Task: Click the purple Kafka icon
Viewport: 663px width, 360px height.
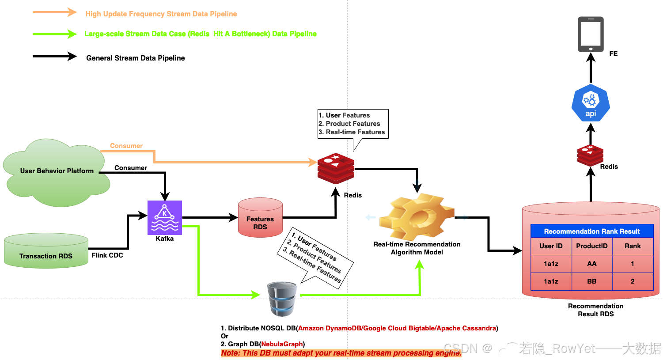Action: click(x=165, y=217)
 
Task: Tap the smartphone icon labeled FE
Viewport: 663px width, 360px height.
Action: click(x=591, y=34)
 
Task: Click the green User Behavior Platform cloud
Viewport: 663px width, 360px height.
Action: click(x=57, y=172)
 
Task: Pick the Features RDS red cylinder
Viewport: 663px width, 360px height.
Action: click(x=260, y=218)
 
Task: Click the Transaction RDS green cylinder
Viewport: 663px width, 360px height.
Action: click(x=46, y=251)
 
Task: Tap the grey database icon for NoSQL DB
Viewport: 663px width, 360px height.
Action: click(x=282, y=299)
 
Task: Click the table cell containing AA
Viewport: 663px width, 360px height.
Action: click(x=592, y=264)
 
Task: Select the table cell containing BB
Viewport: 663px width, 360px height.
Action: click(x=592, y=281)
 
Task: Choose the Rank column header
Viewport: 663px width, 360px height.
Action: click(x=633, y=246)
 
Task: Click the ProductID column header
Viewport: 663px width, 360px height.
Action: click(x=592, y=246)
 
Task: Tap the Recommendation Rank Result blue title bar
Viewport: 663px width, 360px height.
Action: click(x=592, y=231)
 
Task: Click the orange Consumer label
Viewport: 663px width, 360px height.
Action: click(x=126, y=146)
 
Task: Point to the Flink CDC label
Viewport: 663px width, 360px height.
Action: click(x=107, y=255)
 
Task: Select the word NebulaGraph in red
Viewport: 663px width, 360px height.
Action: click(x=282, y=344)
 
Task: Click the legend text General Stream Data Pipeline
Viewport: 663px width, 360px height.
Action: click(x=136, y=58)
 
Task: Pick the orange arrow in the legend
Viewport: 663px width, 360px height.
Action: click(x=55, y=12)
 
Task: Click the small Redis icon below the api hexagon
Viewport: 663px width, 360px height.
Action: click(x=590, y=155)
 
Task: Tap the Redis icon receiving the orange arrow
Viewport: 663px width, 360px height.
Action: click(x=336, y=168)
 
